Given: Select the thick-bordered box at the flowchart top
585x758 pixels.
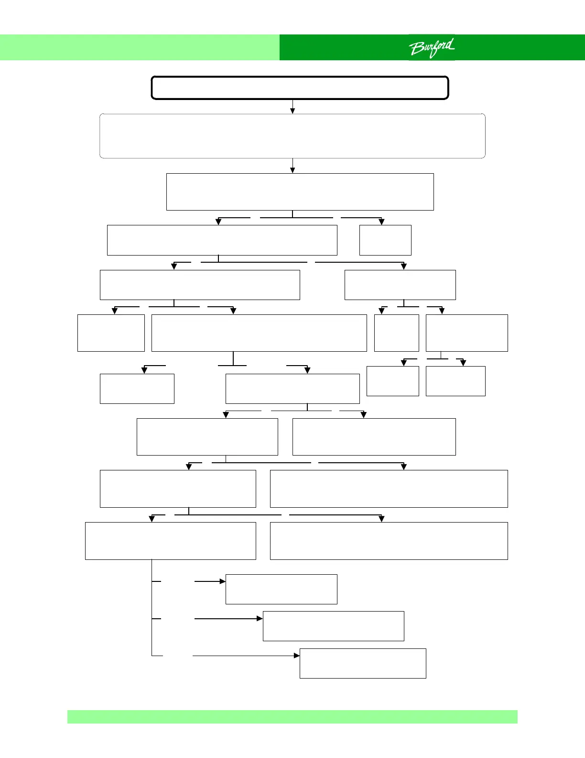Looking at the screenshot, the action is coord(300,88).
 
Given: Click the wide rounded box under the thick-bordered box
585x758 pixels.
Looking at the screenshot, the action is coord(292,136).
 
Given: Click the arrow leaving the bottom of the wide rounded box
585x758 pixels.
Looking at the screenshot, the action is coord(292,166).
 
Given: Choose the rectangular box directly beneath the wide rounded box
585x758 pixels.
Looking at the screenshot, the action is coord(300,191).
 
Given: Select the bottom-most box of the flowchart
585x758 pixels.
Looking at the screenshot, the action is coord(362,663).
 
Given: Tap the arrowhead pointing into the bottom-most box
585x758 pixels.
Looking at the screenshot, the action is coord(297,656).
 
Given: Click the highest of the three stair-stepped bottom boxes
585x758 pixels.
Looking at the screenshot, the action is coord(281,589).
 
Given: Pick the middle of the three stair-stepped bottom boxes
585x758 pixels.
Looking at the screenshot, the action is coord(333,626).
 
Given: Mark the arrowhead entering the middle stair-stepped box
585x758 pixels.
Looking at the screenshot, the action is coord(260,618).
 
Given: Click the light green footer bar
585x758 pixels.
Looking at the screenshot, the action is coord(292,716).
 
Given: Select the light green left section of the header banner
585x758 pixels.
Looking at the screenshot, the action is coord(140,47).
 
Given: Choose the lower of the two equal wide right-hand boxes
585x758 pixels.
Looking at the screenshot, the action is coord(389,541).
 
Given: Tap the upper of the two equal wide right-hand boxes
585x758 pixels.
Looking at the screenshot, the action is coord(389,489).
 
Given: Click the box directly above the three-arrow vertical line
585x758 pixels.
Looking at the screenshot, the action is coord(170,541).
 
